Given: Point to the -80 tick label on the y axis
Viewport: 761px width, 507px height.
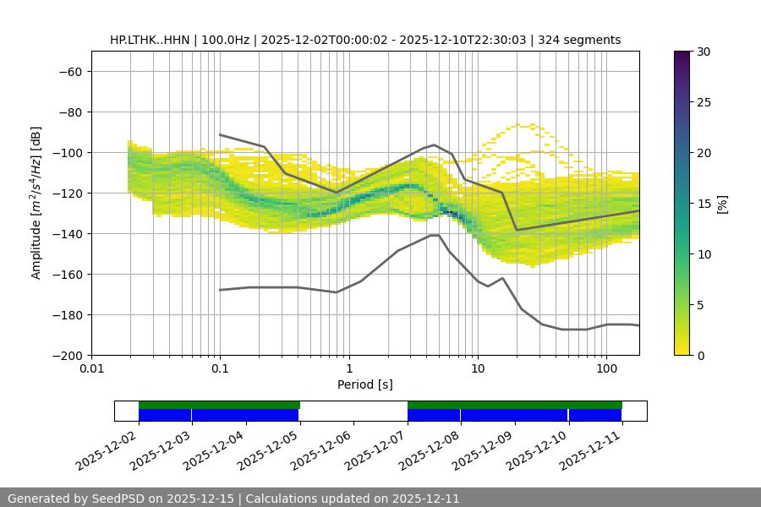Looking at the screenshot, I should pyautogui.click(x=69, y=112).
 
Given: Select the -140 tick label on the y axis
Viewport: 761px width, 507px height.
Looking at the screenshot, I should pyautogui.click(x=66, y=233).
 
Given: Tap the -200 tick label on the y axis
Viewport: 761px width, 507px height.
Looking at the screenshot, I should pyautogui.click(x=66, y=355).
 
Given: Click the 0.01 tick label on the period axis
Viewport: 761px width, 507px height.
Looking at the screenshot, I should pyautogui.click(x=91, y=368).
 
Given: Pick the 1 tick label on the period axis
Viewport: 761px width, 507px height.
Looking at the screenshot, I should pyautogui.click(x=349, y=368).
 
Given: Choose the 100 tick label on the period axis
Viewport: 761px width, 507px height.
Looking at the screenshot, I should pyautogui.click(x=606, y=368).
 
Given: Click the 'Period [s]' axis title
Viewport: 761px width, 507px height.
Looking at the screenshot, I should pyautogui.click(x=365, y=384).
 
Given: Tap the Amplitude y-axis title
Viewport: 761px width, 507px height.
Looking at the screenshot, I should pyautogui.click(x=36, y=203).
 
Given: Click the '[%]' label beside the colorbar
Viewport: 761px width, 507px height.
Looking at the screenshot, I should pyautogui.click(x=722, y=204).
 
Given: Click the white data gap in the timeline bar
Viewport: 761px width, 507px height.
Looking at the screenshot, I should pyautogui.click(x=353, y=411).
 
